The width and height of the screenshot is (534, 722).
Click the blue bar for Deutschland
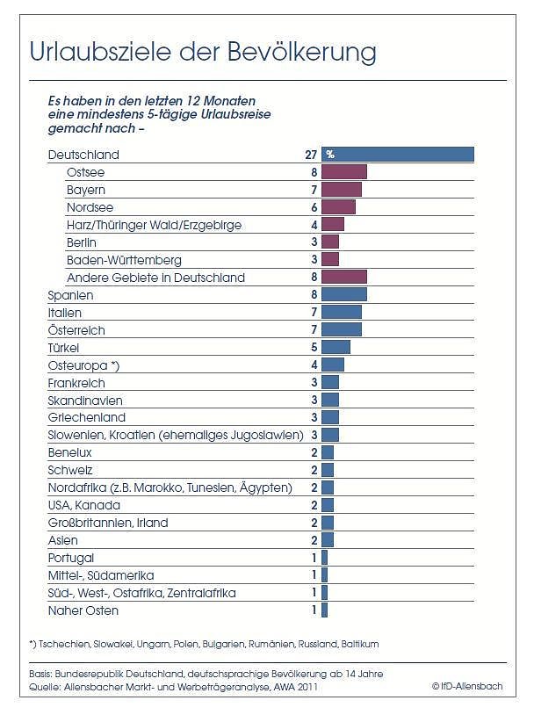[x=398, y=155]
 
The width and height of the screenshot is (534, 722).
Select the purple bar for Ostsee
[x=344, y=172]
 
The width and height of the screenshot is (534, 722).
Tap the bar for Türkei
[x=336, y=347]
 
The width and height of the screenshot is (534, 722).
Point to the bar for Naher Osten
[x=324, y=610]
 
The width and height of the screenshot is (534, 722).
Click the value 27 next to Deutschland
[x=309, y=155]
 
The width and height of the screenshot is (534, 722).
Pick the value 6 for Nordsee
[x=313, y=207]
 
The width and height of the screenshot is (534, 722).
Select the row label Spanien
[x=70, y=295]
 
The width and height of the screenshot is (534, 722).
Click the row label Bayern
[x=86, y=190]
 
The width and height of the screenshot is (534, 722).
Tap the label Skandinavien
[x=85, y=400]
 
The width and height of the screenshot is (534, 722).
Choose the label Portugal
[x=71, y=558]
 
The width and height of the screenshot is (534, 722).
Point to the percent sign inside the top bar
[x=330, y=155]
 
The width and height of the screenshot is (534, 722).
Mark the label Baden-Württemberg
[x=124, y=260]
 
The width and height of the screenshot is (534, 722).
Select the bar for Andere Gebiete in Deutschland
[x=344, y=277]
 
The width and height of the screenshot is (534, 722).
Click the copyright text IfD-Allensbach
[x=467, y=686]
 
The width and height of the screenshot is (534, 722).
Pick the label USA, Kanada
[x=84, y=505]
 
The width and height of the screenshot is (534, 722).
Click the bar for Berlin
[x=330, y=242]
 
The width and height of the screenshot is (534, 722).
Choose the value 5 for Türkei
[x=313, y=347]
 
